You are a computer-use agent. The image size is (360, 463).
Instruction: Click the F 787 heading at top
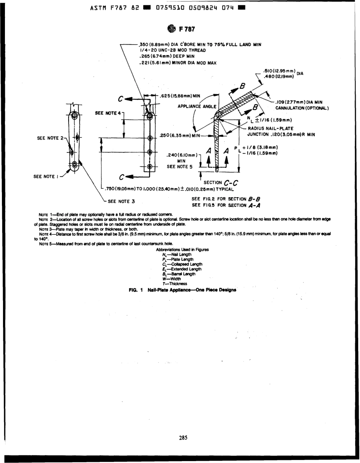(x=185, y=29)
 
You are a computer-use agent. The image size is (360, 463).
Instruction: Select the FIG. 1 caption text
(x=182, y=290)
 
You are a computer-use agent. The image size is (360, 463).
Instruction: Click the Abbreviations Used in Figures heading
(x=182, y=250)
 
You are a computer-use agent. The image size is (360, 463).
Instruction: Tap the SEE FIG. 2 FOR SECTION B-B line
(x=226, y=199)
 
